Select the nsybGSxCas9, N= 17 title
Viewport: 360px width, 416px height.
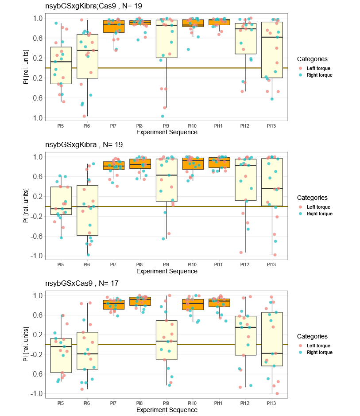(81, 283)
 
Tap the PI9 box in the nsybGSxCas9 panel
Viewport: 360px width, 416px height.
(166, 340)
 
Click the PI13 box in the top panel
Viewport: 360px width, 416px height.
(272, 50)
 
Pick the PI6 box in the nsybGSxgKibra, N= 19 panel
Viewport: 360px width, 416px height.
(88, 210)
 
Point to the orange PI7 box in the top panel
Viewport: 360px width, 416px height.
(114, 26)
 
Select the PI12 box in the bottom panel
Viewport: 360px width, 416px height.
(245, 336)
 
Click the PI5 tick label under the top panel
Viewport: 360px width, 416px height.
(60, 126)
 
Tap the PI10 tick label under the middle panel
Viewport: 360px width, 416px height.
(192, 264)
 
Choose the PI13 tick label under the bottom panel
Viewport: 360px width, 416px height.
(271, 403)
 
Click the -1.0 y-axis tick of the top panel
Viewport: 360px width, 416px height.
(37, 118)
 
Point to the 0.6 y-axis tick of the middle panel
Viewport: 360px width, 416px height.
(38, 176)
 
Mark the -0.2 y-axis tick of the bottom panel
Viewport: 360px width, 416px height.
(37, 354)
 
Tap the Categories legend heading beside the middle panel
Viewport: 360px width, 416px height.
(312, 198)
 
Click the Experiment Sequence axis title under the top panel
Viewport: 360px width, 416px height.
(167, 132)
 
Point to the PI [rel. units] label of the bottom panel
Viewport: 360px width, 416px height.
(26, 344)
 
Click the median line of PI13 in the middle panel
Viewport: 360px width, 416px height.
(272, 188)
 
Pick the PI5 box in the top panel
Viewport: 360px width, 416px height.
(61, 66)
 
